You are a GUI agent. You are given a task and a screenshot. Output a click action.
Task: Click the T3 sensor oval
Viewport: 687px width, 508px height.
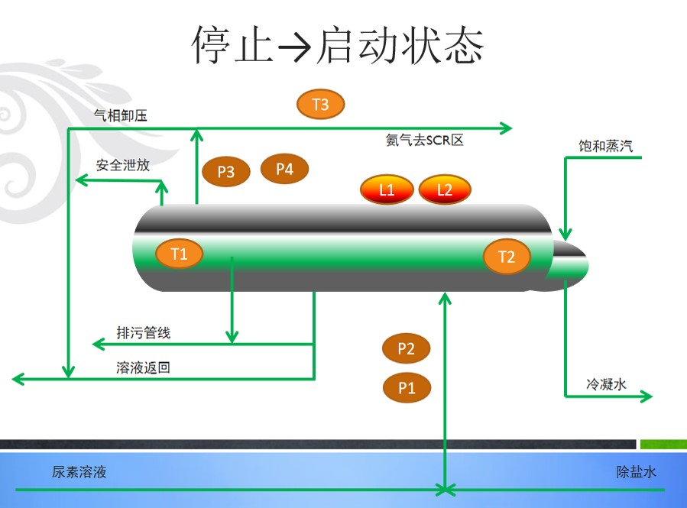(x=321, y=104)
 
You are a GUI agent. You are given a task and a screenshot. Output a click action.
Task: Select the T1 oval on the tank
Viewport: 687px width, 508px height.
(x=179, y=254)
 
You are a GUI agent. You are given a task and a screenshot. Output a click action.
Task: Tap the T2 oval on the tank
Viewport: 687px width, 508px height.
(x=507, y=257)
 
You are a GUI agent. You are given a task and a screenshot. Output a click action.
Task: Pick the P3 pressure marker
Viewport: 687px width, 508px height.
(x=226, y=171)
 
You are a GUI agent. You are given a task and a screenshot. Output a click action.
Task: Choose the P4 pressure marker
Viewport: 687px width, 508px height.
(x=285, y=169)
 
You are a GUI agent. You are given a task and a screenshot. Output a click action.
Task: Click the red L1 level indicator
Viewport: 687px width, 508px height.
(x=387, y=189)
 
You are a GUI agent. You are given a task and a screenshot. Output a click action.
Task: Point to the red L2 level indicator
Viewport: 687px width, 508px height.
(x=445, y=189)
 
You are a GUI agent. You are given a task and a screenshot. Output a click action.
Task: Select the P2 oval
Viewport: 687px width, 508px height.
(x=406, y=348)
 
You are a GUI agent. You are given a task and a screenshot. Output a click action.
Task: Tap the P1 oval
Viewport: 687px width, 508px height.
(x=407, y=387)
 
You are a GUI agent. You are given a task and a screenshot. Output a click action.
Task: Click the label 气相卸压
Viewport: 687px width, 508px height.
(x=121, y=115)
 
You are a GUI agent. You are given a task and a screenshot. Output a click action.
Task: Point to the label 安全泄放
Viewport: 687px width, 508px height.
(x=123, y=165)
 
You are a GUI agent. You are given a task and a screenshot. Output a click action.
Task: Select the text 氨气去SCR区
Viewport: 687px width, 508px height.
(x=425, y=140)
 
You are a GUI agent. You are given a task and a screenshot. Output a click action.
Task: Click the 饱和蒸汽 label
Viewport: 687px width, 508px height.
(x=605, y=146)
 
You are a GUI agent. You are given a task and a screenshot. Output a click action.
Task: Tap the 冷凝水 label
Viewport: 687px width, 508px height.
(x=607, y=384)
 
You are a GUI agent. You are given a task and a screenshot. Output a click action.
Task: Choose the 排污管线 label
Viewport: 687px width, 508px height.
(x=144, y=333)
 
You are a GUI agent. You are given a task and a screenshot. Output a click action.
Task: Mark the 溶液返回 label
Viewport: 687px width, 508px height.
(x=143, y=367)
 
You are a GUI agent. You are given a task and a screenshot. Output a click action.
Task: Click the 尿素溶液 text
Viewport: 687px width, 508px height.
(x=79, y=472)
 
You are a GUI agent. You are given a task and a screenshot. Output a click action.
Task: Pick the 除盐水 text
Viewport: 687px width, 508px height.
(x=636, y=472)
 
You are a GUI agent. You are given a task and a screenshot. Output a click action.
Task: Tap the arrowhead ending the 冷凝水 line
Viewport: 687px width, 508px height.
(x=647, y=396)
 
